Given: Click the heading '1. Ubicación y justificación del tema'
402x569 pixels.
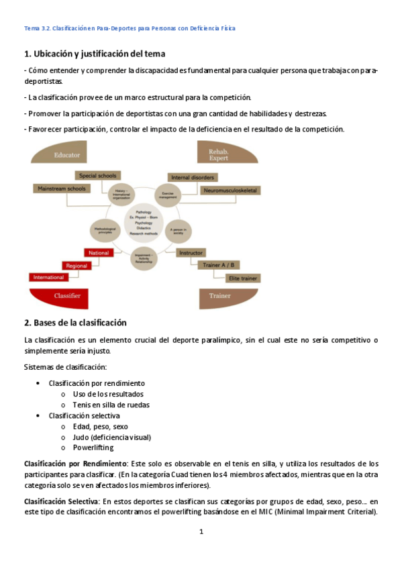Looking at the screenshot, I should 95,53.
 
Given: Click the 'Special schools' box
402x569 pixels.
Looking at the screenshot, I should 97,176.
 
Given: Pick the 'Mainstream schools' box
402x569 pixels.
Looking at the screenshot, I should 61,189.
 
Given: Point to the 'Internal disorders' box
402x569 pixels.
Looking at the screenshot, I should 193,177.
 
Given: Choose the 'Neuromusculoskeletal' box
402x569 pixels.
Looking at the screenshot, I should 230,191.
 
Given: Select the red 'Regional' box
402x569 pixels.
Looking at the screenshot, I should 77,265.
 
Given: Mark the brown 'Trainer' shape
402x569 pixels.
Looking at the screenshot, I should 220,295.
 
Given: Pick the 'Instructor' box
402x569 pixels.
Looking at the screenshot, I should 191,252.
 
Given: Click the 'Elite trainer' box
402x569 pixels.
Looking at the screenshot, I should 242,277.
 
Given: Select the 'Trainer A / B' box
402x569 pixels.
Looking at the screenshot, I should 221,265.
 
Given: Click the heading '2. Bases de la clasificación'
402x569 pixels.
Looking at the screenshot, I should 75,323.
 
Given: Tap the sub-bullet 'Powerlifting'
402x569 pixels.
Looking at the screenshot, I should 93,448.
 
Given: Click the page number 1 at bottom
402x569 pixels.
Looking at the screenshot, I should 201,531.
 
